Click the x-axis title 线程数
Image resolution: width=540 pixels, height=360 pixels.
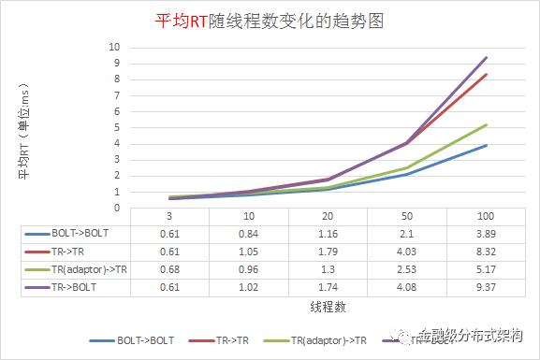pyautogui.click(x=324, y=306)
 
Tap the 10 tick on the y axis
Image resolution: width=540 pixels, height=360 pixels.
pyautogui.click(x=115, y=47)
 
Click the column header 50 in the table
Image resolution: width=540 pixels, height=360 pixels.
pyautogui.click(x=405, y=216)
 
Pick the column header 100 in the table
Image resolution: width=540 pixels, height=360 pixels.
pyautogui.click(x=486, y=216)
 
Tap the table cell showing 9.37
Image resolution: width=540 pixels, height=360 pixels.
pyautogui.click(x=486, y=288)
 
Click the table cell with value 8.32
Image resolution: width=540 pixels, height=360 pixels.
pyautogui.click(x=486, y=252)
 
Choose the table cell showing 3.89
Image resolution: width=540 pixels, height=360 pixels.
pyautogui.click(x=486, y=234)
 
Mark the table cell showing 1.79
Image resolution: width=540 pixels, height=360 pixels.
pyautogui.click(x=324, y=252)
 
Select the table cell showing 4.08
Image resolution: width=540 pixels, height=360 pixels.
pyautogui.click(x=405, y=288)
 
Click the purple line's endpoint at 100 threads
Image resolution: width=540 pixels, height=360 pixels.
pyautogui.click(x=486, y=58)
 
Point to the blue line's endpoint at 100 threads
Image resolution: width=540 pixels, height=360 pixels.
pyautogui.click(x=486, y=146)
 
